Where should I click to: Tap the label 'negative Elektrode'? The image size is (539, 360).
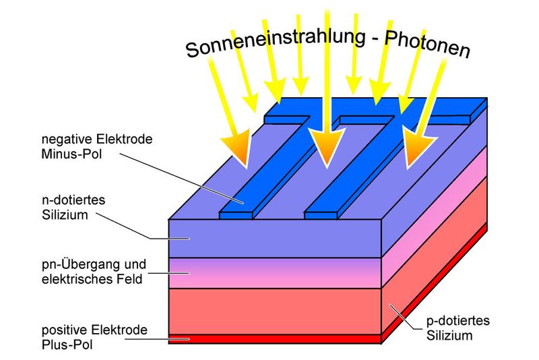(x=97, y=140)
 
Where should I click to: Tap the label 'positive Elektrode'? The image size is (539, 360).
(x=94, y=330)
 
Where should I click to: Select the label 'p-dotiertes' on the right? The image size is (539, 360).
(x=456, y=321)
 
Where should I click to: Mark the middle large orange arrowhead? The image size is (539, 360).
(x=327, y=150)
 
